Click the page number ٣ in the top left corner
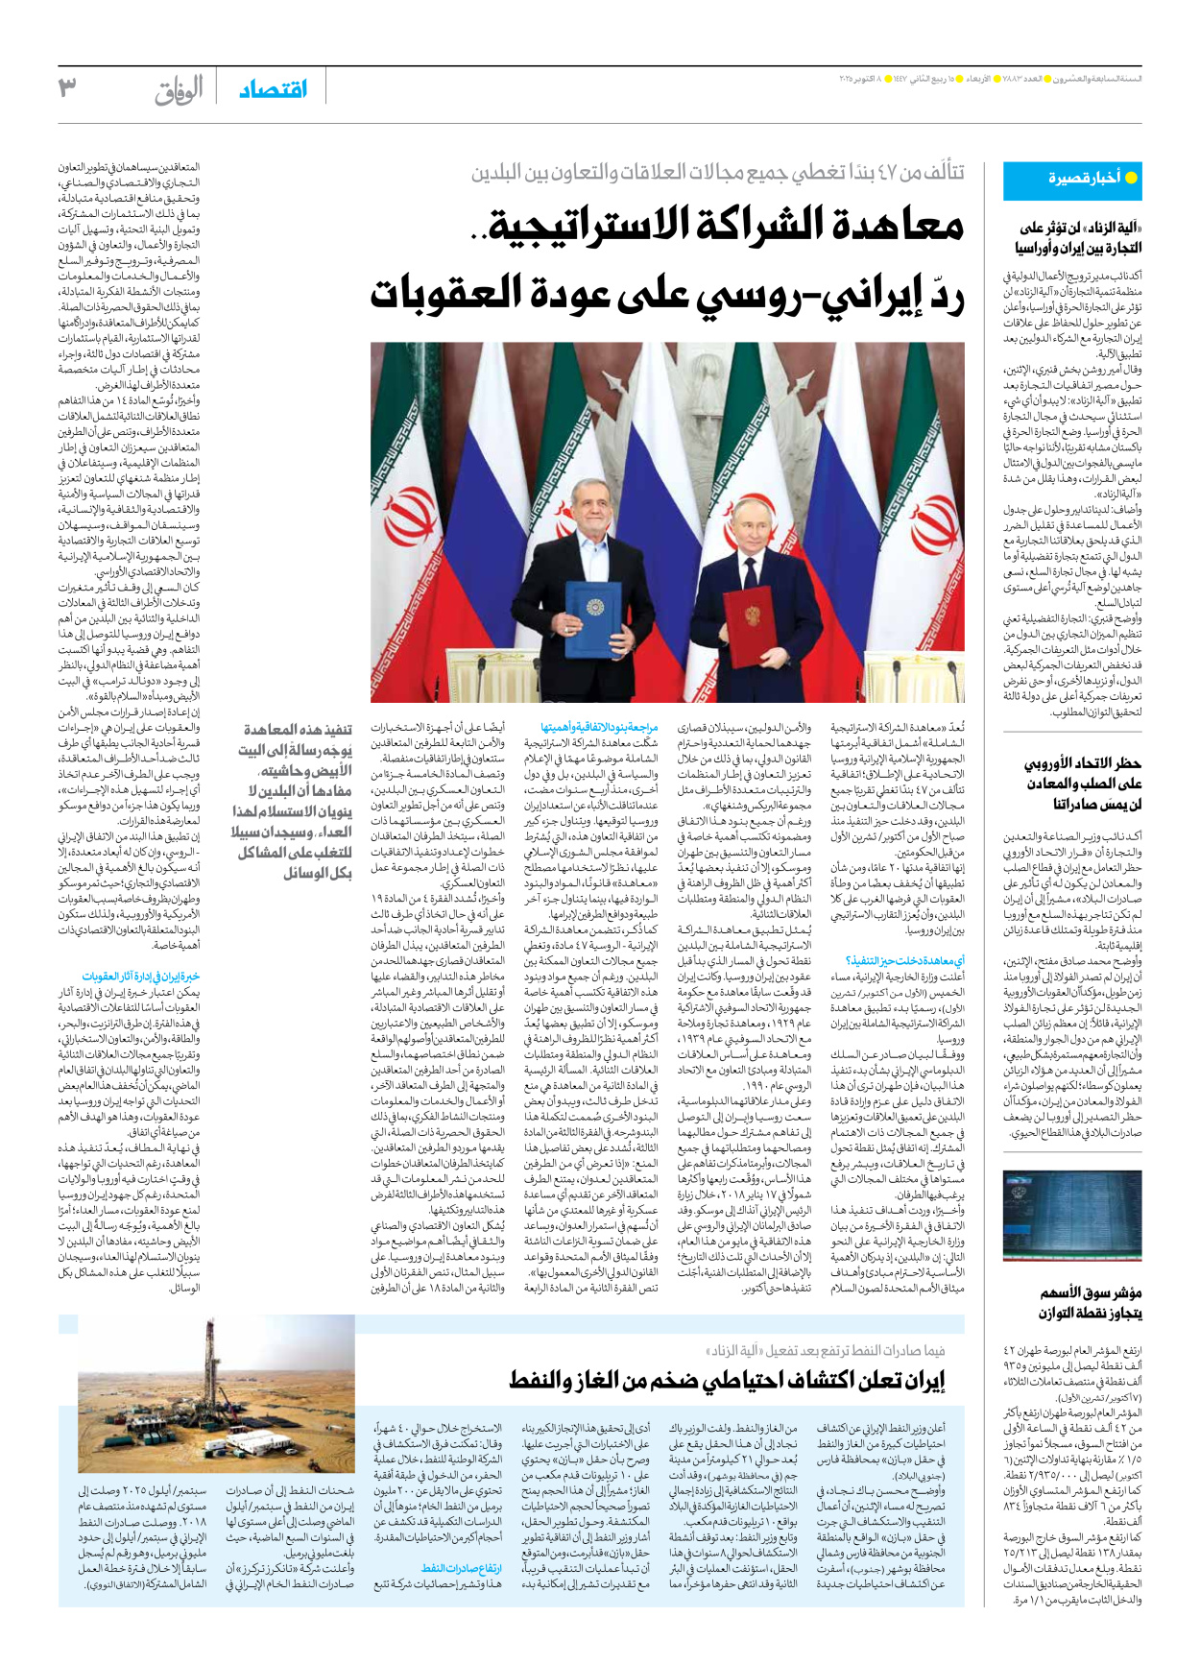(68, 87)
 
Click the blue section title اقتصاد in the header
(273, 89)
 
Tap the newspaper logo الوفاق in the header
(180, 90)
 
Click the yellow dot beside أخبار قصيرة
(1131, 178)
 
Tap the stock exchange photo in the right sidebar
(1071, 1216)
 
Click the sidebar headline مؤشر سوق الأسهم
(1092, 1292)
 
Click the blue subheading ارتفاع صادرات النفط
(463, 1569)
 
